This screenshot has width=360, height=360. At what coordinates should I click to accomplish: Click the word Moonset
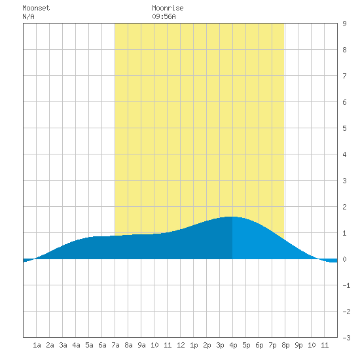pyautogui.click(x=36, y=8)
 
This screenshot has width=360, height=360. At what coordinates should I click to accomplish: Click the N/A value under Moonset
pyautogui.click(x=28, y=16)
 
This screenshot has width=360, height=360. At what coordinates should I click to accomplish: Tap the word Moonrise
pyautogui.click(x=168, y=8)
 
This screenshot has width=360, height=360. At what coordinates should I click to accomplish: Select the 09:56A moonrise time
pyautogui.click(x=164, y=16)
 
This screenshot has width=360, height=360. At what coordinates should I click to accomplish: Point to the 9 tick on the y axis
pyautogui.click(x=344, y=24)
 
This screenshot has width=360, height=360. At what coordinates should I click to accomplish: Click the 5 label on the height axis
pyautogui.click(x=344, y=128)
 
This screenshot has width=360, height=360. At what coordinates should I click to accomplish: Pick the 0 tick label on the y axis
pyautogui.click(x=344, y=259)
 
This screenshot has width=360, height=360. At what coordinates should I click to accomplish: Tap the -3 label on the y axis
pyautogui.click(x=346, y=338)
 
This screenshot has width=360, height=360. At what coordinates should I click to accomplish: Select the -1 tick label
pyautogui.click(x=346, y=285)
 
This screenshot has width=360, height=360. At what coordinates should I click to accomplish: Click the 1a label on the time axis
pyautogui.click(x=37, y=345)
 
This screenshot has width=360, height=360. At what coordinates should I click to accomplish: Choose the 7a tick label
pyautogui.click(x=115, y=345)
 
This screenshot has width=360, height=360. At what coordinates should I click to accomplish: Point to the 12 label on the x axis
pyautogui.click(x=181, y=345)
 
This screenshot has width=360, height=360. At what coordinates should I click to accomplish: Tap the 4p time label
pyautogui.click(x=233, y=345)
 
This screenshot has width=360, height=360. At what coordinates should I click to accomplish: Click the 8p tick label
pyautogui.click(x=285, y=345)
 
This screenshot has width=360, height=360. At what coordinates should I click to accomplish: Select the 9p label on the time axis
pyautogui.click(x=298, y=345)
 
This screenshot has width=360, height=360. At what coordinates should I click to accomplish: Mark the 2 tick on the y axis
pyautogui.click(x=344, y=207)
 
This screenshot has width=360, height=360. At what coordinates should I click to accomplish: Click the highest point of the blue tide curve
pyautogui.click(x=231, y=217)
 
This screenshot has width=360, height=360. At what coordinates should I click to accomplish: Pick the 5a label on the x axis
pyautogui.click(x=89, y=345)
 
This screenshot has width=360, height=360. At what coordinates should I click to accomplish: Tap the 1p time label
pyautogui.click(x=194, y=345)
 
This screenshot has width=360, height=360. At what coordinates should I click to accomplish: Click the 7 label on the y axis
pyautogui.click(x=344, y=76)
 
